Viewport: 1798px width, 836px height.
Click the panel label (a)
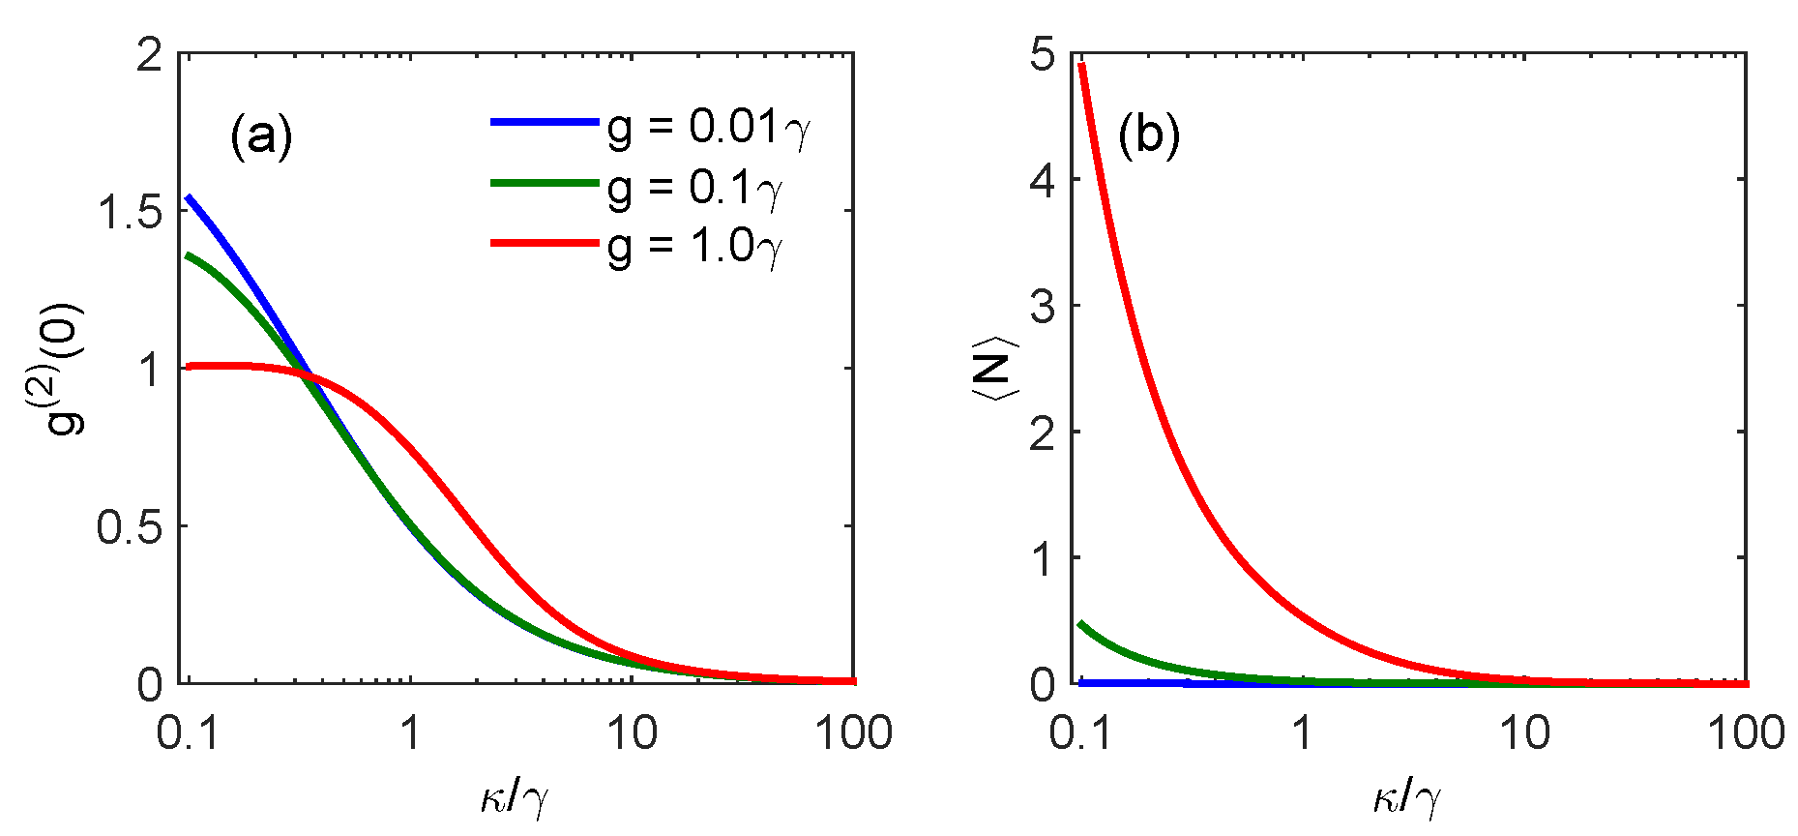tap(261, 136)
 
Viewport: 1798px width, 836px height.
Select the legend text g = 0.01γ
tap(709, 127)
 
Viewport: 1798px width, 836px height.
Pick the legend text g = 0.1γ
tap(694, 187)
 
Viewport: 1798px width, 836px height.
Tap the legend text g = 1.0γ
tap(694, 247)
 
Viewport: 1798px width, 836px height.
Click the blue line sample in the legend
tap(545, 122)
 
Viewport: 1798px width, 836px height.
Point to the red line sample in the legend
tap(545, 242)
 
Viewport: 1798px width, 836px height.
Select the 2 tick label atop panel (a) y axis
tap(150, 55)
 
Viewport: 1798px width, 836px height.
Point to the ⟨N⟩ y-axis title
tap(992, 369)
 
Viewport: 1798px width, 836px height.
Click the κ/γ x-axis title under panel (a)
tap(515, 798)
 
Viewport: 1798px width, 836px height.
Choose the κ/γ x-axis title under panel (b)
tap(1407, 798)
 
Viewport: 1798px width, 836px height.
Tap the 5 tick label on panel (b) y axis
tap(1043, 55)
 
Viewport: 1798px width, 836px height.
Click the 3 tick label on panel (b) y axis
tap(1043, 307)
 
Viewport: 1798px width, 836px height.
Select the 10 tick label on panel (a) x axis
tap(632, 733)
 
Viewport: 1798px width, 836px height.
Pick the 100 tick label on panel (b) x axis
tap(1745, 733)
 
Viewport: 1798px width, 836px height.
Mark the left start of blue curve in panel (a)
tap(190, 197)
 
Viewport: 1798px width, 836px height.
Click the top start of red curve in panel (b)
tap(1082, 65)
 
